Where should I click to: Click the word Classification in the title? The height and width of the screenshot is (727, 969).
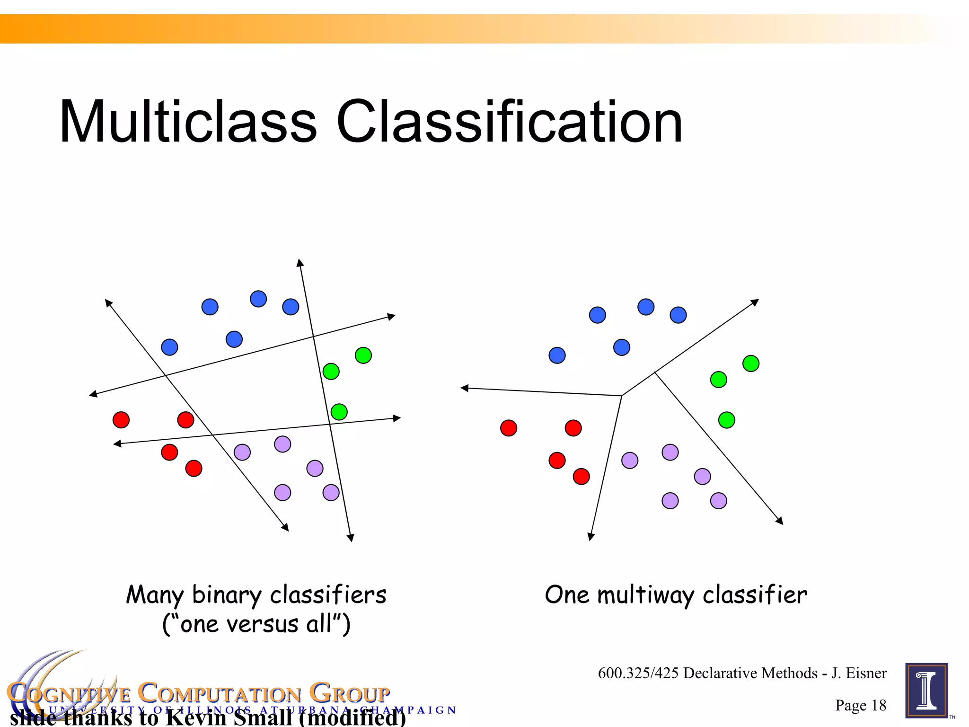tap(509, 122)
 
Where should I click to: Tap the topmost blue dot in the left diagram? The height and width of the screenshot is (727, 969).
tap(258, 299)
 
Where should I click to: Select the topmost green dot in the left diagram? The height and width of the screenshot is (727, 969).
tap(363, 355)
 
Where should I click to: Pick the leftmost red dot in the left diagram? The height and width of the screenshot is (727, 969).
tap(121, 419)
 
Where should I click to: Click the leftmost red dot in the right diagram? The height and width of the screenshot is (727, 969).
tap(509, 428)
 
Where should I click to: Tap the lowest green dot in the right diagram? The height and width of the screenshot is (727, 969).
tap(726, 420)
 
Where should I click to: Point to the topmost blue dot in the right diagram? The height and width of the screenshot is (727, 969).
tap(645, 307)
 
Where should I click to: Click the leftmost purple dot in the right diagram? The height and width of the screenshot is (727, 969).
tap(629, 460)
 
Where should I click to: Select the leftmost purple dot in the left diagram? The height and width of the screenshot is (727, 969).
tap(242, 452)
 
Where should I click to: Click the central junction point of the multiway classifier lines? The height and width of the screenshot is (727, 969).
tap(621, 396)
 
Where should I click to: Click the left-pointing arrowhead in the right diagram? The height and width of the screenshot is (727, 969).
tap(464, 388)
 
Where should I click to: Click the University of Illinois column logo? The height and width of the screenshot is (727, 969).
tap(926, 691)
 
